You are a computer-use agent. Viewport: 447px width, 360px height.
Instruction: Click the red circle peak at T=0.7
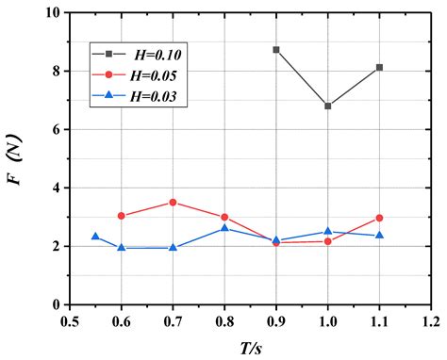(173, 202)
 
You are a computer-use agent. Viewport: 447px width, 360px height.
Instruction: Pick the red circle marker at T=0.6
(121, 216)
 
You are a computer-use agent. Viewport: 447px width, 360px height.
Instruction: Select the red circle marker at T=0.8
(224, 217)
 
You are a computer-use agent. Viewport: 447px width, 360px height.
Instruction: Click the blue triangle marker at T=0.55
(95, 237)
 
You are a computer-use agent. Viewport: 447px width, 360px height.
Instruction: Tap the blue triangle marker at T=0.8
(224, 228)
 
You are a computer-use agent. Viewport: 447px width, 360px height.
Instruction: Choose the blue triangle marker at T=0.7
(173, 247)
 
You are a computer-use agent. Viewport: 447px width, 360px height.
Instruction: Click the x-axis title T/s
(249, 347)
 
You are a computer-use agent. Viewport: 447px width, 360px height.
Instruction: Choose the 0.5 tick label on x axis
(69, 321)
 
